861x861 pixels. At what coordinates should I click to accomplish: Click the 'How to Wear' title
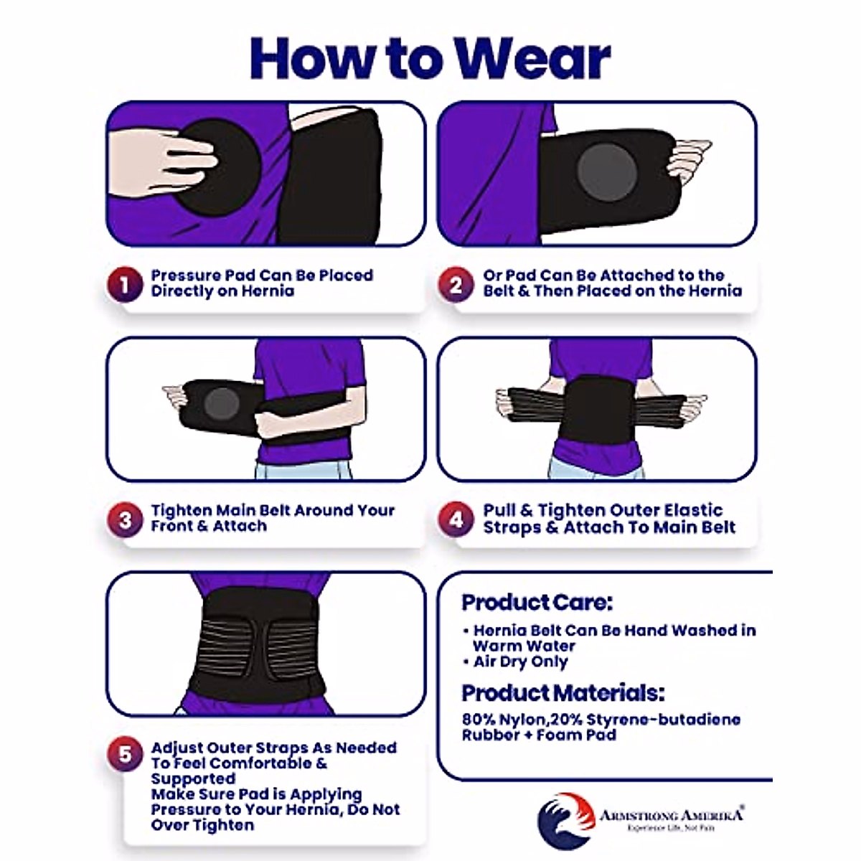(430, 57)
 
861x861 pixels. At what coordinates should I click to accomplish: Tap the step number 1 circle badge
(125, 285)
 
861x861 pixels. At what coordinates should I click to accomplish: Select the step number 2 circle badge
(456, 285)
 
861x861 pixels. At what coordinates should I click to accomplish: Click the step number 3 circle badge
(125, 519)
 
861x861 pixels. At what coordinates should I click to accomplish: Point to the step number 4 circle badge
(456, 519)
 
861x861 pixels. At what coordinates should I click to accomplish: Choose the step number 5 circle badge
(125, 755)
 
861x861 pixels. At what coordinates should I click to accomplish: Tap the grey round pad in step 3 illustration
(221, 404)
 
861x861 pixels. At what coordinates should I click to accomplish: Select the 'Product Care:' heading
(537, 602)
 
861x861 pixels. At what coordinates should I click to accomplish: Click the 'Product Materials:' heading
(563, 693)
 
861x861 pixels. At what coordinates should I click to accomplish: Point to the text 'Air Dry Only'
(520, 662)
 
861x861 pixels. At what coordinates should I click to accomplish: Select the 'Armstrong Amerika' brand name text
(671, 815)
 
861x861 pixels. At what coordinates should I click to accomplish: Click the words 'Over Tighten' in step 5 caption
(202, 825)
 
